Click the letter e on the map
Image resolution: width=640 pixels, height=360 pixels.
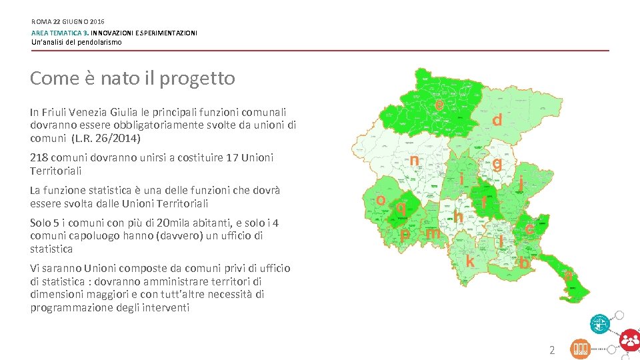(440, 105)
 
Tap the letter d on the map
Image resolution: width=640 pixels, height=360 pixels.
(497, 120)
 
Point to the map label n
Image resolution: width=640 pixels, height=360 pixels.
(414, 161)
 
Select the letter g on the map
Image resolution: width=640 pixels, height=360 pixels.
(497, 163)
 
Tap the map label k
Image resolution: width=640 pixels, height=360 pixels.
(470, 261)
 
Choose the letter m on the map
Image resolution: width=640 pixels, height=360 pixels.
(433, 233)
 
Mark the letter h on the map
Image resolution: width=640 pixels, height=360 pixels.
(459, 216)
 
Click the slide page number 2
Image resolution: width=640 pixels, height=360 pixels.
(551, 349)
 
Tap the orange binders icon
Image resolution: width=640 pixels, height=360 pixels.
(580, 349)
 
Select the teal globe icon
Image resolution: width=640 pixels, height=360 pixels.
(599, 324)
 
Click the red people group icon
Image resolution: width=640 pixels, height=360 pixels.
(629, 340)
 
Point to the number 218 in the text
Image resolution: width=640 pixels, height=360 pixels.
(39, 158)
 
